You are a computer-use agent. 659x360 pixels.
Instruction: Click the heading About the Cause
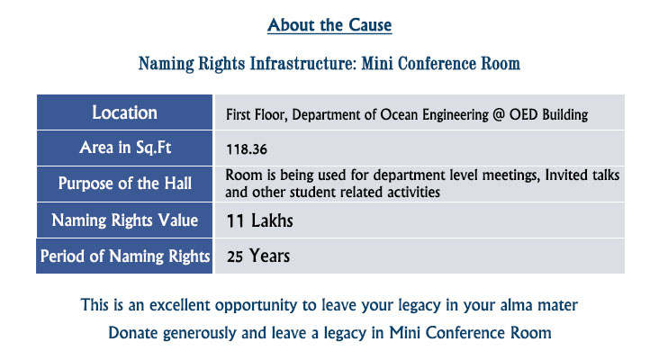(329, 25)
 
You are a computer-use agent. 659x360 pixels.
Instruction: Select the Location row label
(125, 112)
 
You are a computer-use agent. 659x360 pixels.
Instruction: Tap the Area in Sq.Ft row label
(125, 148)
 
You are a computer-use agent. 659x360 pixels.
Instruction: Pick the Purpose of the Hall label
(125, 184)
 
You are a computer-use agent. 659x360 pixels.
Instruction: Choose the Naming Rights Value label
(125, 220)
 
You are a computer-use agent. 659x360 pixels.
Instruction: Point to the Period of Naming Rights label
(125, 256)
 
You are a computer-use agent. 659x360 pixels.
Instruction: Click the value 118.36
(247, 149)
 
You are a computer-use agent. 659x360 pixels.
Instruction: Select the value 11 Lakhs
(259, 221)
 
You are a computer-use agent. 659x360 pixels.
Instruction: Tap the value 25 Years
(258, 256)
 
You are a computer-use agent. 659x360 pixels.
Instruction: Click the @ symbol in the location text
(498, 114)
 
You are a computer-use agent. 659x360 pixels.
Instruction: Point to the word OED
(523, 114)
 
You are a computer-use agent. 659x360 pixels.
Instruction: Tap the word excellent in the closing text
(180, 305)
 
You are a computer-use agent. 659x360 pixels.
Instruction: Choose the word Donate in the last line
(133, 333)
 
